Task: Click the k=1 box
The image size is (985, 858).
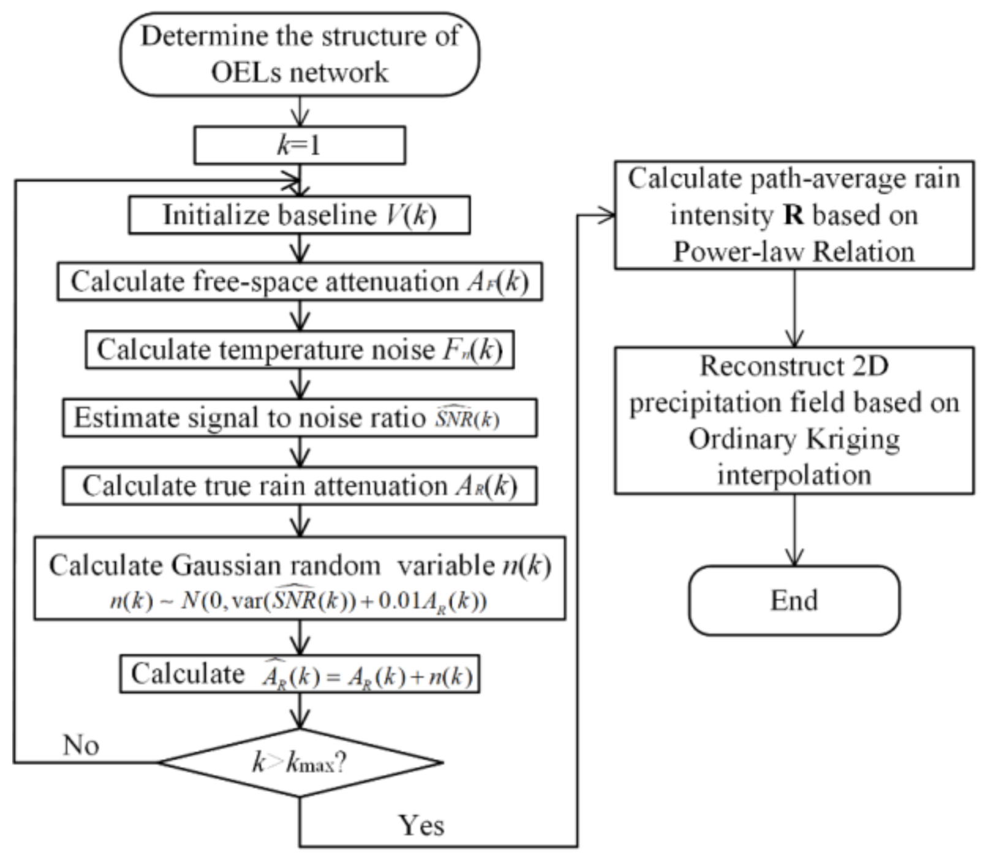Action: [300, 145]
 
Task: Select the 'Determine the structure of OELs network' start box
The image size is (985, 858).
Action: [300, 54]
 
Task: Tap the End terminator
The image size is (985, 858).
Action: [794, 600]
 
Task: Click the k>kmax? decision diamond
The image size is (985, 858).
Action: [300, 762]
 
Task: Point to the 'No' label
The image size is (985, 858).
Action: [81, 745]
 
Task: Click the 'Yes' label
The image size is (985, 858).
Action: [421, 825]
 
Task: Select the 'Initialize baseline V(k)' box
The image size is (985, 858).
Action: [300, 215]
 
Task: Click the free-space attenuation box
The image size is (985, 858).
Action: [300, 282]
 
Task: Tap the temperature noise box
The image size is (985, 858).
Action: [300, 350]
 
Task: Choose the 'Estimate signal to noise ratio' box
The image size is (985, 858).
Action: [300, 418]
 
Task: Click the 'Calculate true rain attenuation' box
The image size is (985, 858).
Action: [300, 486]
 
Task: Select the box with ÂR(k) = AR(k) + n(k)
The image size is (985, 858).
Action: [300, 674]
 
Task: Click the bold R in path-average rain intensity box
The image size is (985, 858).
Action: [793, 215]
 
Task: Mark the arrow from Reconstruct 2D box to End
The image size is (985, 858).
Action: [794, 530]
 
